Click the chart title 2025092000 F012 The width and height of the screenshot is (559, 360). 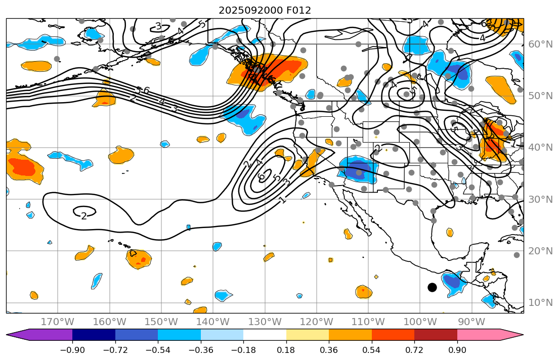click(265, 10)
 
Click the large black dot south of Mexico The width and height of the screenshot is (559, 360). click(432, 287)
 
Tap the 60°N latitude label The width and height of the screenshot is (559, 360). click(540, 44)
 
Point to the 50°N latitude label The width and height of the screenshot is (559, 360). click(540, 96)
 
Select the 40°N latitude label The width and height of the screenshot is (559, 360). click(540, 148)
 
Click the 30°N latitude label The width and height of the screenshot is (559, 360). click(540, 199)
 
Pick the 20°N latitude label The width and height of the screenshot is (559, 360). click(540, 251)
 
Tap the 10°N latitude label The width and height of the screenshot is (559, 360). click(540, 302)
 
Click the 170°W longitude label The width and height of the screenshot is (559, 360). click(58, 322)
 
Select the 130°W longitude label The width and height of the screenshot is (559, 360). click(265, 322)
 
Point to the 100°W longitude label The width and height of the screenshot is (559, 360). click(420, 322)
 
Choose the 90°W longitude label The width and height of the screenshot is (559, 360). click(471, 322)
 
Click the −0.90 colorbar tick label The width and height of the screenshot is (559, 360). click(72, 350)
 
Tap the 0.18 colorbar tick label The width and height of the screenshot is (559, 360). click(286, 350)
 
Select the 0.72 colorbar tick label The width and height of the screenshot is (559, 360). click(414, 350)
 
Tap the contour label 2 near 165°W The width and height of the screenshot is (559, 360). click(83, 216)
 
